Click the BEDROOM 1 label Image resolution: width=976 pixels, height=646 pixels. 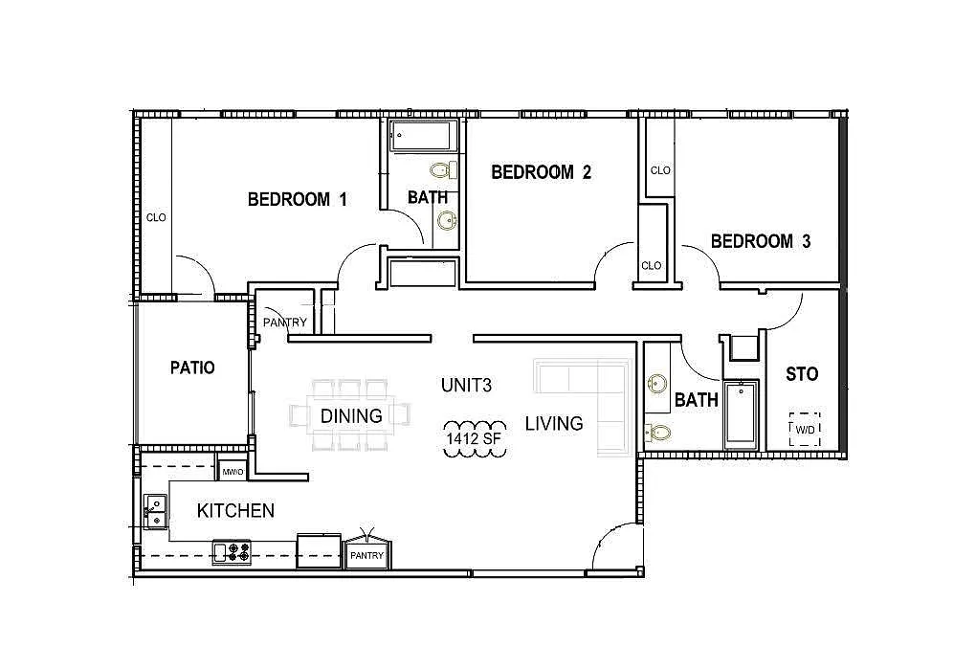[x=297, y=199]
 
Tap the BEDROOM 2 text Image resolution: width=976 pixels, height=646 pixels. [x=541, y=171]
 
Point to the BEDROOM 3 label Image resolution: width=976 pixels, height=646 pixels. [x=761, y=241]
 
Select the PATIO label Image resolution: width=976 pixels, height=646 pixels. [x=192, y=368]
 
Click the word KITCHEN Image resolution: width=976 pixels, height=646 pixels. [x=235, y=511]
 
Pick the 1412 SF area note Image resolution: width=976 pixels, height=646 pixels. [x=474, y=438]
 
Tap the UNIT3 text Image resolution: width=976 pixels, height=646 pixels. [x=466, y=386]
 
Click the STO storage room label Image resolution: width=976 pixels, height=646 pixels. [x=802, y=374]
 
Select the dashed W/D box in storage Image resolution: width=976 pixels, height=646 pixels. [x=805, y=430]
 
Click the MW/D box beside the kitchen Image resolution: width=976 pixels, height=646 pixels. [x=233, y=473]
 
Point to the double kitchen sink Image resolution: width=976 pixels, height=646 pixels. [x=156, y=511]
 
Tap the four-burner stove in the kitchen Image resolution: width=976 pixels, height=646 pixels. [x=233, y=552]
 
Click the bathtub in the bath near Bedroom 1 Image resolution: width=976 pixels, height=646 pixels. [x=423, y=136]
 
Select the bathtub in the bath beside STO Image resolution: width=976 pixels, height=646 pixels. [x=741, y=414]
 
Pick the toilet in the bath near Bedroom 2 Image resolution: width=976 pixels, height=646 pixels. [x=443, y=169]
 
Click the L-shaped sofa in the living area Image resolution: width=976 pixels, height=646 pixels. [x=582, y=406]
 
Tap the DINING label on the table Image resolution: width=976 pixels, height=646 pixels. [x=351, y=415]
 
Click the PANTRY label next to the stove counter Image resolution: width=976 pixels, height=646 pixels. [x=366, y=555]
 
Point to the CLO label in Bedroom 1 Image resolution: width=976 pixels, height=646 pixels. [x=156, y=217]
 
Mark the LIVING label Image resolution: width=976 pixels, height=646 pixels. [x=554, y=424]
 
